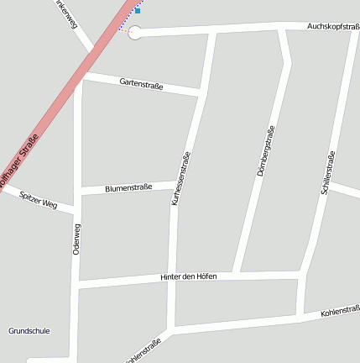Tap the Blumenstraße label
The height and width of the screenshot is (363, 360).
tap(128, 188)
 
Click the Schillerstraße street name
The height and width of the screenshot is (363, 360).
tap(328, 173)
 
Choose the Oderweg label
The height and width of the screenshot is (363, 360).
tap(77, 239)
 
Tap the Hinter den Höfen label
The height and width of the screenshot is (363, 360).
tap(188, 276)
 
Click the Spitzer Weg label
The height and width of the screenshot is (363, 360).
tap(37, 201)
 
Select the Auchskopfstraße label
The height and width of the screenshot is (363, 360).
tap(333, 27)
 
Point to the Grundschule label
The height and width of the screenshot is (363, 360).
tap(29, 331)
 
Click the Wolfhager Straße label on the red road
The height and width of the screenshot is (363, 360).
tap(19, 160)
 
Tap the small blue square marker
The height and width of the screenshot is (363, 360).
tap(138, 11)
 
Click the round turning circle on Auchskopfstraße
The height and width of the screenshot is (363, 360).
tap(134, 33)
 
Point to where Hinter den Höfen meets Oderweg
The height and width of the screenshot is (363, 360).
tap(77, 286)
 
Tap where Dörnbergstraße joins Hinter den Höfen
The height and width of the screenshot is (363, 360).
tap(237, 275)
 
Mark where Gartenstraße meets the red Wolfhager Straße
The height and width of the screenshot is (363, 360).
tap(85, 76)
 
